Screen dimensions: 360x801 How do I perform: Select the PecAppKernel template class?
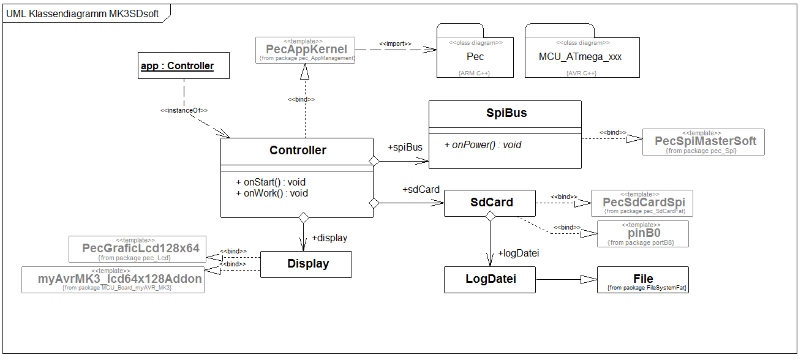coord(306,50)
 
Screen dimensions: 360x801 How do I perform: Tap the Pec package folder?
coord(475,57)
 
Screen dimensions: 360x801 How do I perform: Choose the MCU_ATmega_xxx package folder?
coord(580,57)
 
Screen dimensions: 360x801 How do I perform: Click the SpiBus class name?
coord(505,113)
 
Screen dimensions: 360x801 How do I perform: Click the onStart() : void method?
coord(270,182)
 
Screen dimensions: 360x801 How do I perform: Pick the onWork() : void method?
coord(271,193)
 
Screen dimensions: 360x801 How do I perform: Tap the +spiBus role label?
coord(405,148)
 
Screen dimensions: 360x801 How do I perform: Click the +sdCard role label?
coord(421,190)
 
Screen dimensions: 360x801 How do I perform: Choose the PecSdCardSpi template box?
coord(642,203)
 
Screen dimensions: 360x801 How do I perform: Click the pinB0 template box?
coord(642,233)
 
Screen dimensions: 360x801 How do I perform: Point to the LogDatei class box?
coord(490,279)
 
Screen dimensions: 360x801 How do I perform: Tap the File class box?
coord(642,279)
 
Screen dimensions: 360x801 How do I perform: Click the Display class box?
coord(306,264)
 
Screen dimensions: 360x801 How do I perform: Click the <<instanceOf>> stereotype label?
coord(184,110)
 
